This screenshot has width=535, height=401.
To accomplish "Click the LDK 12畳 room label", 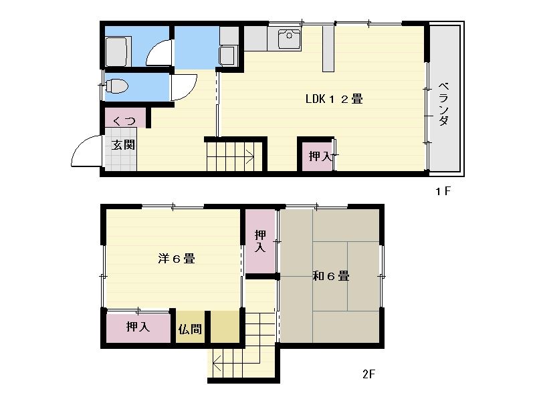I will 334,100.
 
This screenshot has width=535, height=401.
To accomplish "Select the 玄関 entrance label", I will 123,144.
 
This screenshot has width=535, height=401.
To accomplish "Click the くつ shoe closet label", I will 124,121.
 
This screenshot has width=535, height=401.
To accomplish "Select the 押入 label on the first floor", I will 320,156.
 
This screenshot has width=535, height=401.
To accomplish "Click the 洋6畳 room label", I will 176,259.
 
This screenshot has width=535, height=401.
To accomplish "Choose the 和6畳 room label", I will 330,275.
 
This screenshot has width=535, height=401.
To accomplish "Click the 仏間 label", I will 190,329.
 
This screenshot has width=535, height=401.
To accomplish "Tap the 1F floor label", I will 443,192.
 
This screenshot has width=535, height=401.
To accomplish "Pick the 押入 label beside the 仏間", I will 138,327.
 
